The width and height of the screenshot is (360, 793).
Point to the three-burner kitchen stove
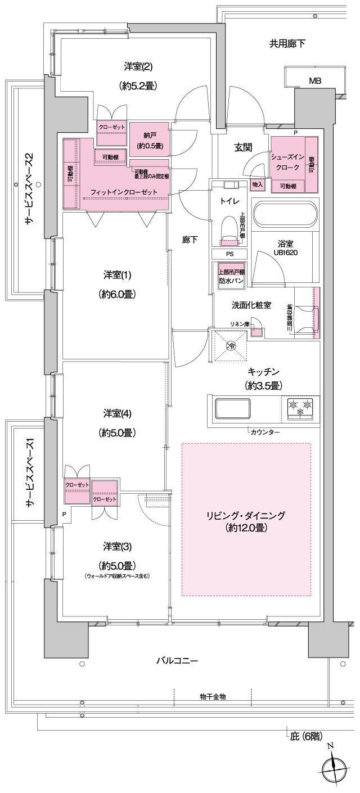point(300,409)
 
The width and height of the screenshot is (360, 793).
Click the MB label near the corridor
point(315,81)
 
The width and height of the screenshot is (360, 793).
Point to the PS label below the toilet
point(229,254)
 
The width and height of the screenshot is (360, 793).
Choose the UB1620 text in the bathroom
point(286,253)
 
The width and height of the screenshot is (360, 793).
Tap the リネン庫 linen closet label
point(238,323)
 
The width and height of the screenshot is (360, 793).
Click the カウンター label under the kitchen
point(265,432)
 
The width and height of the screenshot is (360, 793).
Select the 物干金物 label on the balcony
point(213,696)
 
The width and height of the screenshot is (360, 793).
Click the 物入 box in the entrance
point(257,184)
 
